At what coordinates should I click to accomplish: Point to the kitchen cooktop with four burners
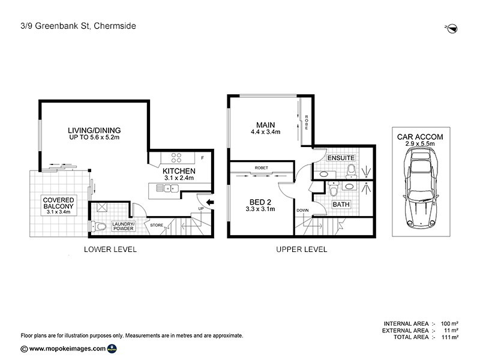click(177, 158)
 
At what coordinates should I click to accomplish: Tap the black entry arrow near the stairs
click(209, 202)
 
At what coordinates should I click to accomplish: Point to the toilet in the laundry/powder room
click(96, 226)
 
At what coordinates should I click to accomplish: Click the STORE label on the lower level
click(157, 226)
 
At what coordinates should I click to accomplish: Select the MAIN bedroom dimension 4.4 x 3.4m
click(265, 132)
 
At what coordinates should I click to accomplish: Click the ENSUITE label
click(341, 158)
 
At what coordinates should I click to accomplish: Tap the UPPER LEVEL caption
click(301, 249)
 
